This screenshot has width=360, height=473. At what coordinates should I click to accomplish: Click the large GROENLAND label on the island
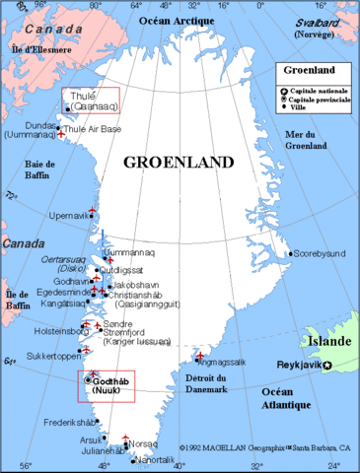(180, 162)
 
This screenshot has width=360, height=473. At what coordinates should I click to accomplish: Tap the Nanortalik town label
(160, 459)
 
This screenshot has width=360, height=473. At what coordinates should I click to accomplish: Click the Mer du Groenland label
(305, 140)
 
